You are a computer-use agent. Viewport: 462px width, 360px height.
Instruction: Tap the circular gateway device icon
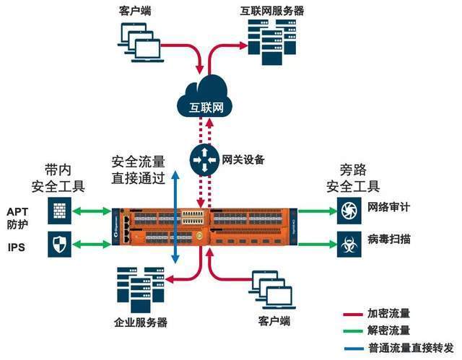point(204,159)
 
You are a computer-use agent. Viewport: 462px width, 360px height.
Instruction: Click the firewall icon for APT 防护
point(59,211)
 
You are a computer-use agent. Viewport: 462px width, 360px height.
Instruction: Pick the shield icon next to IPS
point(59,245)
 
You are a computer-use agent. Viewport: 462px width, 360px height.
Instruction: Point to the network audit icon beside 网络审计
point(349,211)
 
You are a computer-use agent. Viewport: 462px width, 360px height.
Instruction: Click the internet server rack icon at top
point(263,38)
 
